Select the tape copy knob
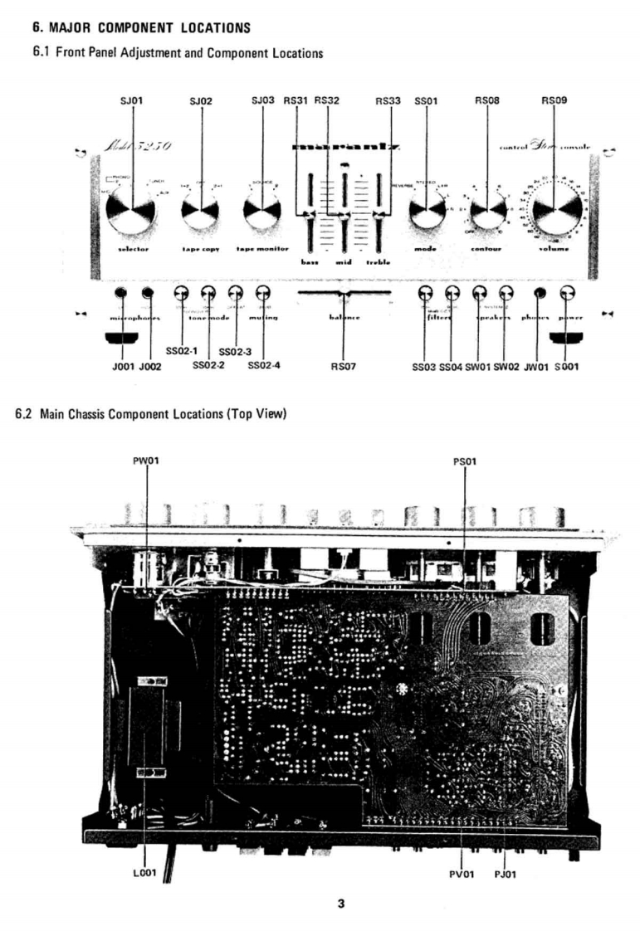[200, 212]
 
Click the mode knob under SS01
[426, 212]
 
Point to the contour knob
[487, 212]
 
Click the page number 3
[340, 904]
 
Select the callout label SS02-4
[265, 365]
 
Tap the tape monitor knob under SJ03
[261, 212]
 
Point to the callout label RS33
[388, 101]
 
